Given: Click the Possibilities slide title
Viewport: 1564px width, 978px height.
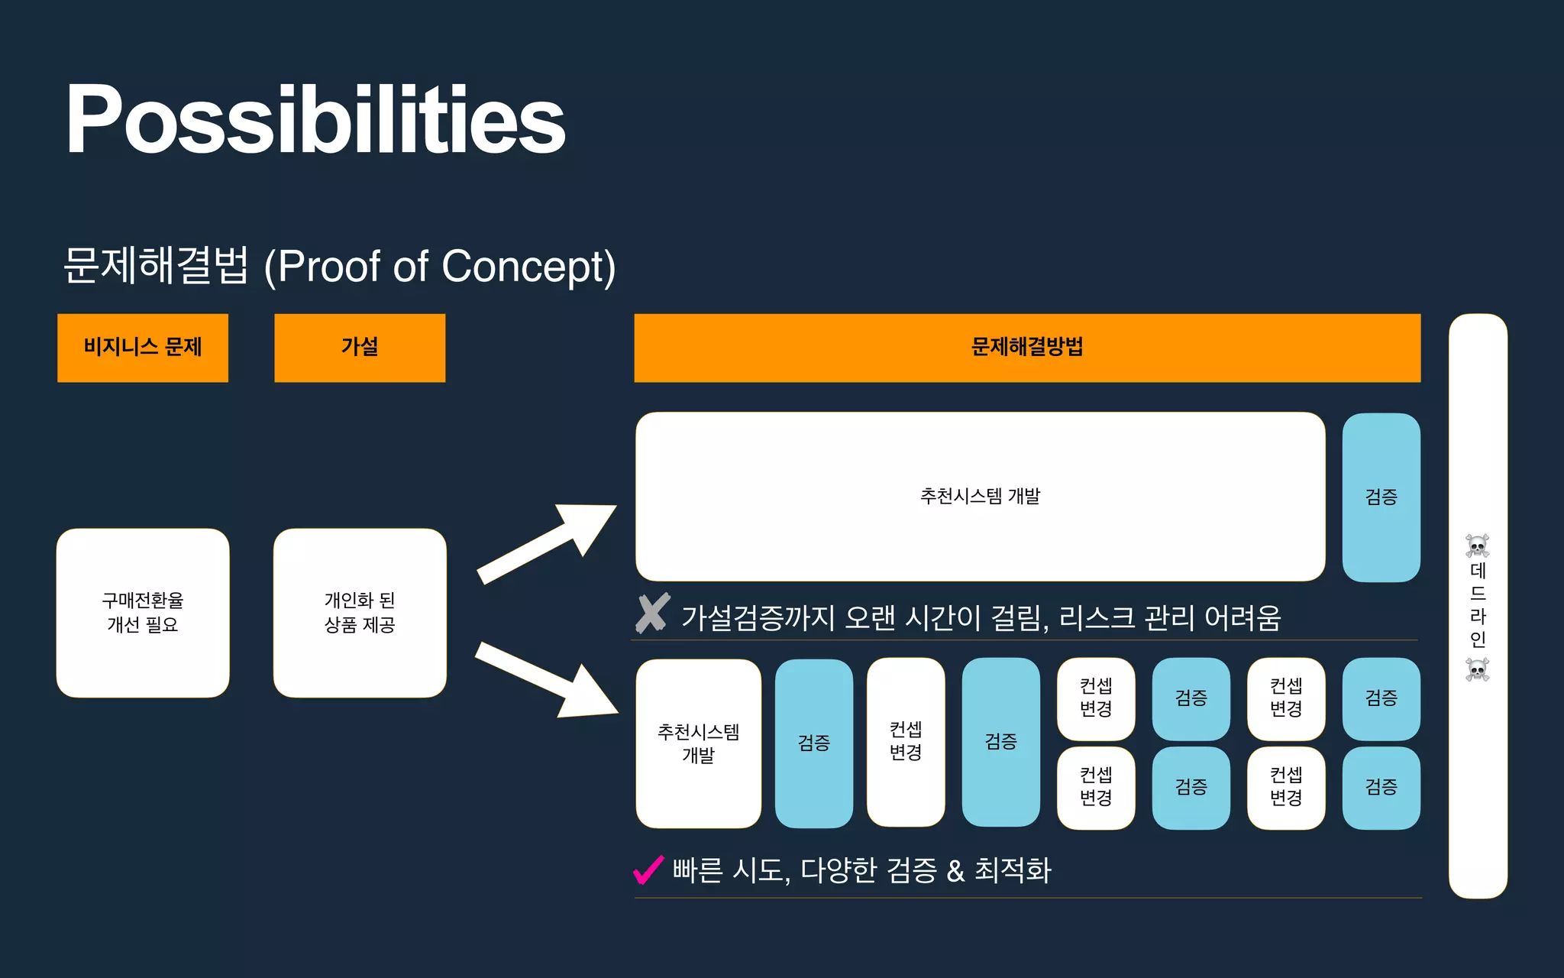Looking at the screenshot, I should [x=315, y=120].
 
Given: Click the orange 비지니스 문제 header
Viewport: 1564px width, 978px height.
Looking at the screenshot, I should [x=143, y=348].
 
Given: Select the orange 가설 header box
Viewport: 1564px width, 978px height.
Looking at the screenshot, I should [x=360, y=348].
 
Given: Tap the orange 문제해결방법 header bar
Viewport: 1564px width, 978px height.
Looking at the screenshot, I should [x=1027, y=348].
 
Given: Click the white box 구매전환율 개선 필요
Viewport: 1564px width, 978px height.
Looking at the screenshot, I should [x=143, y=613].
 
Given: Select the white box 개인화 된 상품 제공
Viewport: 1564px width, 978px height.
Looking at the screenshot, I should [x=360, y=613].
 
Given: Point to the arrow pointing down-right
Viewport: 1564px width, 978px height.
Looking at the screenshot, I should [x=546, y=680].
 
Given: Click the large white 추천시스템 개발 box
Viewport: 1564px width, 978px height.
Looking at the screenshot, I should [x=980, y=497].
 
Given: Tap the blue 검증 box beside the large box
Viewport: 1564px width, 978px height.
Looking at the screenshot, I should [x=1381, y=497].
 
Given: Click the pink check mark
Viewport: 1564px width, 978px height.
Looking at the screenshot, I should [x=648, y=870].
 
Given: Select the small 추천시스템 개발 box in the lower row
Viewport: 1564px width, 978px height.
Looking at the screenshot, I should [x=698, y=743].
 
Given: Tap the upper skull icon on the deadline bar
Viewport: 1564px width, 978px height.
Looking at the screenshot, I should [x=1478, y=546].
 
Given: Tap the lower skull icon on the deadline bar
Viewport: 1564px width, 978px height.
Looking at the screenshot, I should [x=1478, y=669].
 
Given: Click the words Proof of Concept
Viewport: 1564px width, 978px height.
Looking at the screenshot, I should [x=439, y=267].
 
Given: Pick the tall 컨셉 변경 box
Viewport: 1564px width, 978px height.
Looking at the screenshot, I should [x=906, y=742].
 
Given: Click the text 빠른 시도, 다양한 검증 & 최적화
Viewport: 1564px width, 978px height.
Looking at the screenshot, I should [x=861, y=870].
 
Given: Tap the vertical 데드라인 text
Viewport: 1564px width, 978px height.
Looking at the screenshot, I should [x=1478, y=605].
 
